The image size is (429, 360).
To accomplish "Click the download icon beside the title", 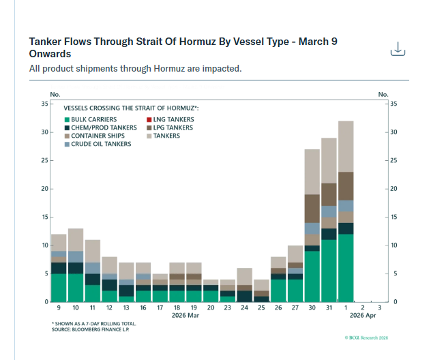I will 398,50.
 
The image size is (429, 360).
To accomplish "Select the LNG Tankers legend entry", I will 173,119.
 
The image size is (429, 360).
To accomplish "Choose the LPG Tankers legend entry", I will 173,127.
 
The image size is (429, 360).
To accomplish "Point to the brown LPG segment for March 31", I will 329,194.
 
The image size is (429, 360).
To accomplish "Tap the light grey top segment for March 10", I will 75,240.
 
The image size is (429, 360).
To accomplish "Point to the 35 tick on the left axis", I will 44,104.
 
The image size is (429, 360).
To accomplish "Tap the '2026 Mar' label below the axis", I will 186,317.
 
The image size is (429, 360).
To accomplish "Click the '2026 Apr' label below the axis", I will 364,317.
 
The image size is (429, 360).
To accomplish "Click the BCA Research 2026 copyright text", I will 366,337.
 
